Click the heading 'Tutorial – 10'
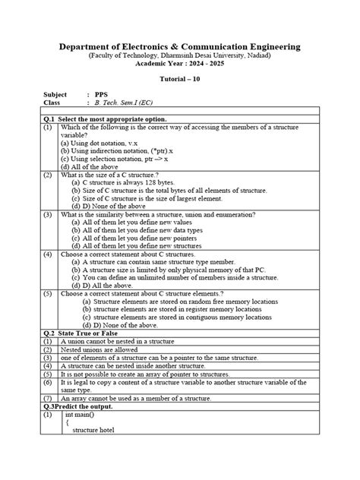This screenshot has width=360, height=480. click(179, 80)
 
